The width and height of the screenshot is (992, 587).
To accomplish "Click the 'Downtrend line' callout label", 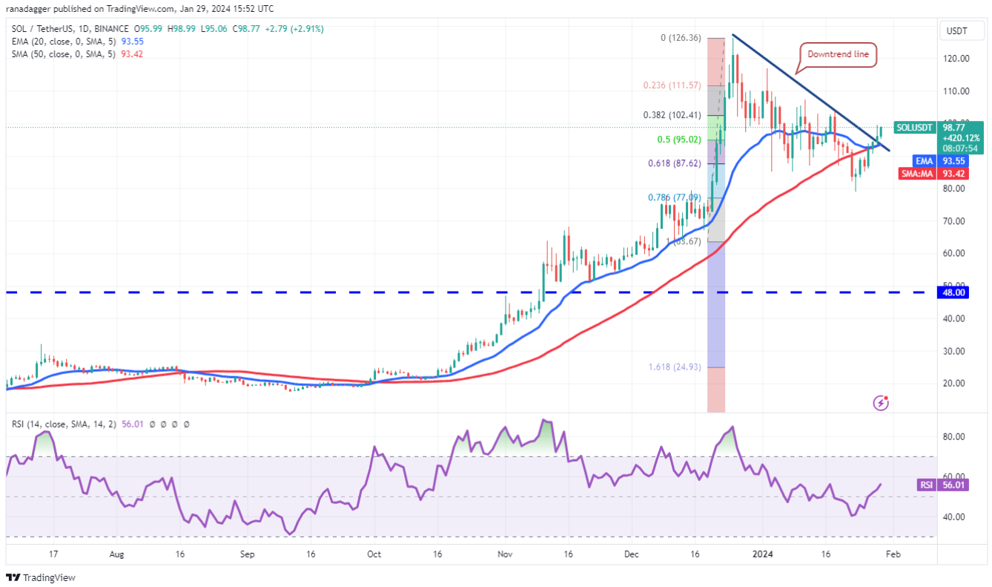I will [x=839, y=54].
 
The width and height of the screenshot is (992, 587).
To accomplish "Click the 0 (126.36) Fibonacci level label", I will [x=677, y=38].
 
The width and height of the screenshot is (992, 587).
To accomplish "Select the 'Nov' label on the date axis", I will [x=505, y=554].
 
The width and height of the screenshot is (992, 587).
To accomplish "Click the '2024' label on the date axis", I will [x=762, y=554].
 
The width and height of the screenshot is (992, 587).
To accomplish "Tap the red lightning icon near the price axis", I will [x=882, y=403].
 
